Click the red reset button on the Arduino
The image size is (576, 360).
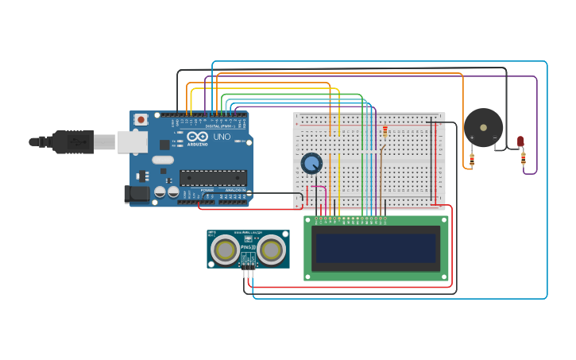141,120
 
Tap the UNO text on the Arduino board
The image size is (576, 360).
222,137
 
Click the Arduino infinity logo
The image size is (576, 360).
196,137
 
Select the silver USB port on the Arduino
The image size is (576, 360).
132,141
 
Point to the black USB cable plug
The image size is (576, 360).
74,141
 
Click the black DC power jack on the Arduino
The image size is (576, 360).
137,193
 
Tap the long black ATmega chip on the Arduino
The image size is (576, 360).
212,177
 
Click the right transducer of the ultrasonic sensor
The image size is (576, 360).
272,250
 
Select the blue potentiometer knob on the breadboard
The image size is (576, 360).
311,163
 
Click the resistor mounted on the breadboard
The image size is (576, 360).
385,131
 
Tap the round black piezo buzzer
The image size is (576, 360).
483,127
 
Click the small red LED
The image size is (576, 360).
520,141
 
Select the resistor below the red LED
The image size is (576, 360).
523,158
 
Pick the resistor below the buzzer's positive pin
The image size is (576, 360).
472,160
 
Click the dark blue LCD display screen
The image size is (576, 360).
376,249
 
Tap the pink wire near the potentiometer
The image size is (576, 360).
316,188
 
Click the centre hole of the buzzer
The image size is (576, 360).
483,127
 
